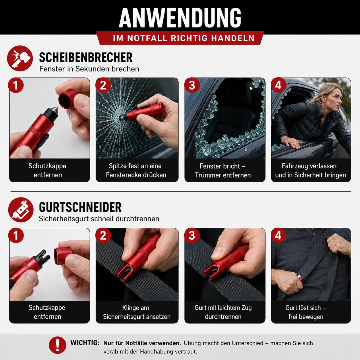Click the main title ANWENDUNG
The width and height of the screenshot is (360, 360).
180,18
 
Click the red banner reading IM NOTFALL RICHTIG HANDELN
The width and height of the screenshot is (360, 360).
180,38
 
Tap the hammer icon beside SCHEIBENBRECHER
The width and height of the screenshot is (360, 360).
20,58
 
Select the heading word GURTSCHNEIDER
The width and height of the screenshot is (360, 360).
80,207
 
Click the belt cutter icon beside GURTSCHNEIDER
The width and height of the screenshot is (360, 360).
21,210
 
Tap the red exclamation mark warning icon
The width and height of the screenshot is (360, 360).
57,345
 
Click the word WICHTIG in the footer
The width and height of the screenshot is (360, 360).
85,343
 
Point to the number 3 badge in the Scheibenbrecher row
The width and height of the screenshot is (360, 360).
192,85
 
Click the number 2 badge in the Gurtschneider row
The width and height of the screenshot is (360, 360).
103,235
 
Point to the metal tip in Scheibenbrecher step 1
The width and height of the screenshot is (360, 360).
55,111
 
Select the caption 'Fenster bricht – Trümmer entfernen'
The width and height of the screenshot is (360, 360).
223,170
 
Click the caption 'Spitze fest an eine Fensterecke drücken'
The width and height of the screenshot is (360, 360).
136,170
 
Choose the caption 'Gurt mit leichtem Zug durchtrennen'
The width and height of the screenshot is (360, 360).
223,312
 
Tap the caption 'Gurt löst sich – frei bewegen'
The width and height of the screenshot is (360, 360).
306,312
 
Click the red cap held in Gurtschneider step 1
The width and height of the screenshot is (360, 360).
63,256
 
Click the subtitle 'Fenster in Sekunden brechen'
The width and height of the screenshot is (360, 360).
89,69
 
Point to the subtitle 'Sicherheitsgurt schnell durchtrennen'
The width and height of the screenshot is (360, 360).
99,219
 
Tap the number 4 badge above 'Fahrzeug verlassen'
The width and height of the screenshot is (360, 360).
278,85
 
